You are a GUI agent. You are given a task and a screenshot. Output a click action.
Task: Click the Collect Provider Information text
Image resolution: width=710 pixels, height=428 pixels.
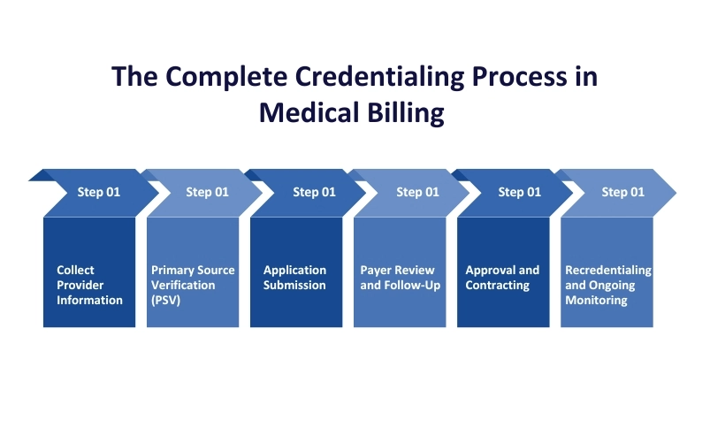[89, 285]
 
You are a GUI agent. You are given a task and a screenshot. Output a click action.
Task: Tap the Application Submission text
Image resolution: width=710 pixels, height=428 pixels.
[294, 278]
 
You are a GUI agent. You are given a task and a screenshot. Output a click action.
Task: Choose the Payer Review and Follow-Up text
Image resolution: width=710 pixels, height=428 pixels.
[400, 278]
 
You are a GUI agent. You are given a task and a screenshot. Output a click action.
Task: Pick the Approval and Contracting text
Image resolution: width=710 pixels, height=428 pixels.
[502, 278]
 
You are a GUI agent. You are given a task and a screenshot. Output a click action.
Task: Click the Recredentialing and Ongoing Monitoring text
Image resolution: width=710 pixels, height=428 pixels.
[607, 285]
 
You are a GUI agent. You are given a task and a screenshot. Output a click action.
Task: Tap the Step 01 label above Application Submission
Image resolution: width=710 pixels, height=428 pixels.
[314, 192]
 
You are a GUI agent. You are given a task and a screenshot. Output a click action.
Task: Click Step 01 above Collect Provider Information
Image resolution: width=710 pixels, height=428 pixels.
[98, 192]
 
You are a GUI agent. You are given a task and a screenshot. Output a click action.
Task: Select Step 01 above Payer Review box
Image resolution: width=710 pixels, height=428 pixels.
[417, 192]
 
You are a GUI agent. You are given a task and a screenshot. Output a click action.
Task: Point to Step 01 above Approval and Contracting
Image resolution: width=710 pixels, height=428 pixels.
[519, 192]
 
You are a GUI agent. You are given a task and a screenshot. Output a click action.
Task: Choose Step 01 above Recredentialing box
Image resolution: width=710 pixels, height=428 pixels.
[622, 192]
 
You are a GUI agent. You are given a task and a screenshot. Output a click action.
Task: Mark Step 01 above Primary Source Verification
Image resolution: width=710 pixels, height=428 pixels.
[207, 192]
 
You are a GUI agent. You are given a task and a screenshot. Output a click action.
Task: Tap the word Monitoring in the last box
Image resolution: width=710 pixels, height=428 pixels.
[596, 300]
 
